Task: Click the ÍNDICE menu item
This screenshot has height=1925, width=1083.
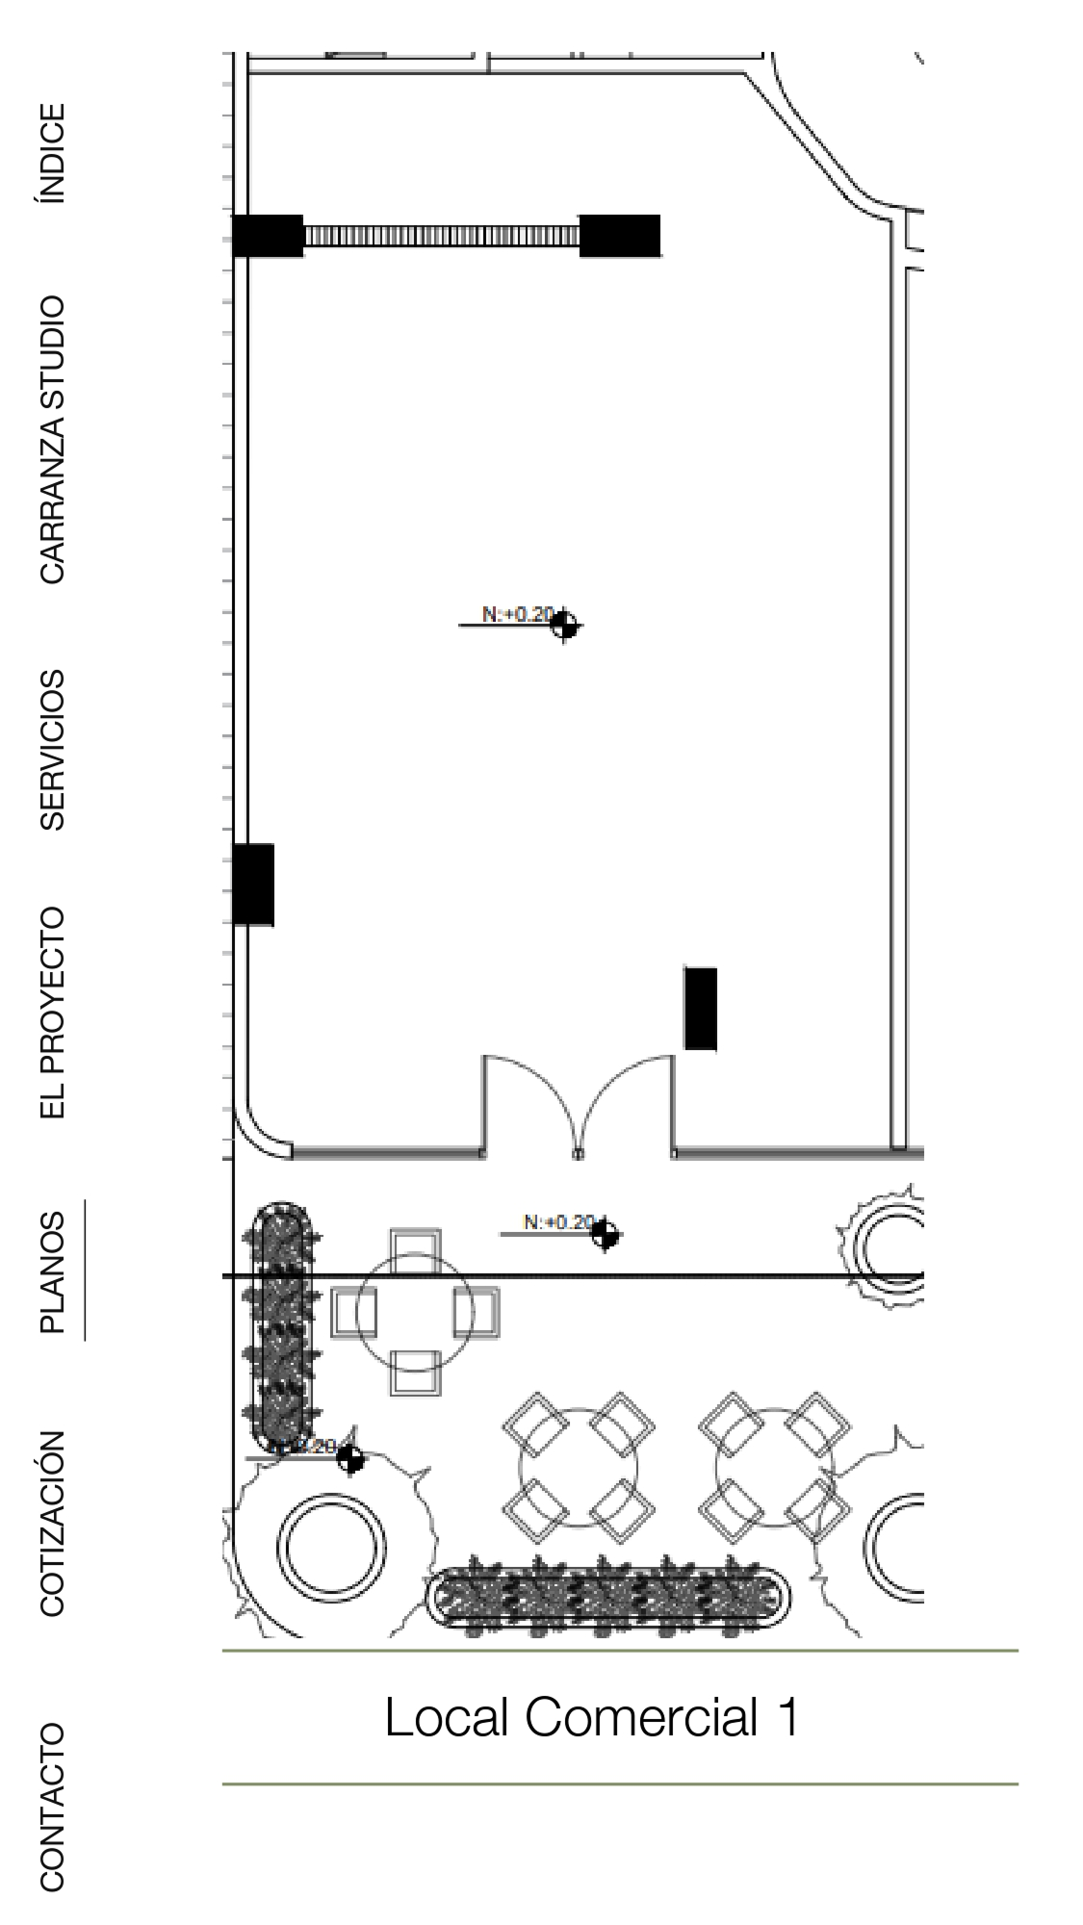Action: [x=52, y=152]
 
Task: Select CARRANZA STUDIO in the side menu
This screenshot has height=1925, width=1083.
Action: [x=52, y=439]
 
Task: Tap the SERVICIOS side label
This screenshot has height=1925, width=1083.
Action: [x=52, y=750]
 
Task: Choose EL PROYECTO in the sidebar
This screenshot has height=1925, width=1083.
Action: [x=52, y=1012]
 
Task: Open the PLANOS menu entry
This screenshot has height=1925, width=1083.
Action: [x=52, y=1271]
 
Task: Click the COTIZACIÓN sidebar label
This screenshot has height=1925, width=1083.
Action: [x=52, y=1522]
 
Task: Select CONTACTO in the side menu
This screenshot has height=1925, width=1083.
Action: [x=52, y=1807]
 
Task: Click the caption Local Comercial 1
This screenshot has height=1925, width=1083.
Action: [x=591, y=1717]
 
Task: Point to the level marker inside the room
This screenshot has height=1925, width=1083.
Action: [x=564, y=625]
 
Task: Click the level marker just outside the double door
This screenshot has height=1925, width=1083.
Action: [x=605, y=1233]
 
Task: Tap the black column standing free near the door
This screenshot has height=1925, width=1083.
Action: [x=700, y=1008]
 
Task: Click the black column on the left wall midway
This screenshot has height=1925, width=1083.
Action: [x=253, y=884]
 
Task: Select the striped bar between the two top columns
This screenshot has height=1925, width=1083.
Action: [x=441, y=236]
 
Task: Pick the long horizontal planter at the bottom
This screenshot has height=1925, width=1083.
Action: [x=608, y=1599]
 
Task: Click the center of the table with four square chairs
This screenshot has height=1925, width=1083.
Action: [x=415, y=1311]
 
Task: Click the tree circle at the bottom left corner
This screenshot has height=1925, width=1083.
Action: [x=330, y=1548]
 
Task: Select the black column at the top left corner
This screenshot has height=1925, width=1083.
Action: [x=269, y=236]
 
